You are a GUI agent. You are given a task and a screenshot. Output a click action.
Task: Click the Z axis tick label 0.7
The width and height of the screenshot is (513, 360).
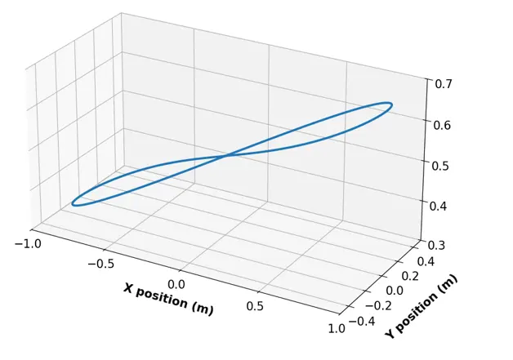click(x=444, y=83)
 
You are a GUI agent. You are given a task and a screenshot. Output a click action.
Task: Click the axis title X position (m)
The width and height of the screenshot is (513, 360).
click(x=168, y=300)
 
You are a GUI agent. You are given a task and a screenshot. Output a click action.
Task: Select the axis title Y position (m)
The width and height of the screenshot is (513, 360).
click(x=422, y=306)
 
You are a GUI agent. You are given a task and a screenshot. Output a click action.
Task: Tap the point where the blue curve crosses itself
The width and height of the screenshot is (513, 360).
click(x=229, y=154)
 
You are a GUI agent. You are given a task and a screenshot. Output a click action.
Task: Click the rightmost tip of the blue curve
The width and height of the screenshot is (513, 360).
click(x=392, y=104)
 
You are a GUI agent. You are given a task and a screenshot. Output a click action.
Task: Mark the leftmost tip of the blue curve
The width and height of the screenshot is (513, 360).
click(x=73, y=202)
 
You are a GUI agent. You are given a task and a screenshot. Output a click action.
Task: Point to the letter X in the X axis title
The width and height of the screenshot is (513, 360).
click(x=128, y=288)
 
